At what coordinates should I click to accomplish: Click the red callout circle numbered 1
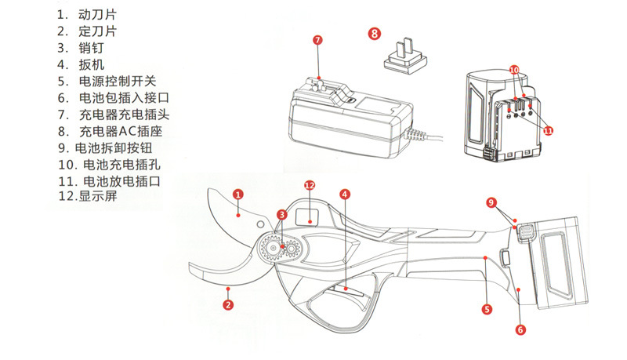238,194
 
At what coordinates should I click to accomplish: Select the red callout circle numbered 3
281,215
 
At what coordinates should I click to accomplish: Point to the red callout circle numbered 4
345,194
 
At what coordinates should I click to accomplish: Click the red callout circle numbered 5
486,309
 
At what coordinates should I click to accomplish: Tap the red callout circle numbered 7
317,39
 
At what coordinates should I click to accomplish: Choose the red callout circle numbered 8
375,33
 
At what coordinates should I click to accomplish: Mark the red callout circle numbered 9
491,202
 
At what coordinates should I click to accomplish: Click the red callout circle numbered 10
514,70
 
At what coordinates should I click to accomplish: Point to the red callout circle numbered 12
309,186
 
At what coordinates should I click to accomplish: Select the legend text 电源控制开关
118,81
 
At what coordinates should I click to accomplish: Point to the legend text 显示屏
97,197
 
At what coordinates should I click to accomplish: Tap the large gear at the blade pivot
273,248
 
